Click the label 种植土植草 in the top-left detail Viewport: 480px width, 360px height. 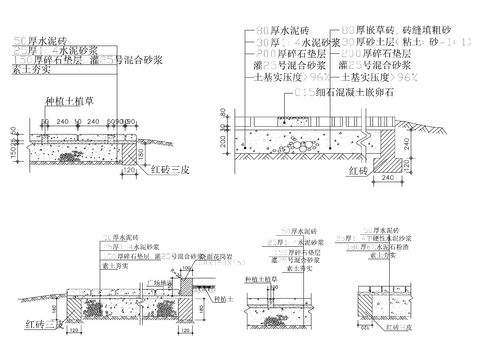pyautogui.click(x=65, y=101)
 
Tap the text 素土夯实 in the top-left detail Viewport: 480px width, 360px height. pyautogui.click(x=31, y=72)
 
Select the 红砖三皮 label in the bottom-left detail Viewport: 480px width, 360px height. pyautogui.click(x=45, y=324)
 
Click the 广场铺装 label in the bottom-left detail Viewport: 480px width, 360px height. pyautogui.click(x=159, y=284)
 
